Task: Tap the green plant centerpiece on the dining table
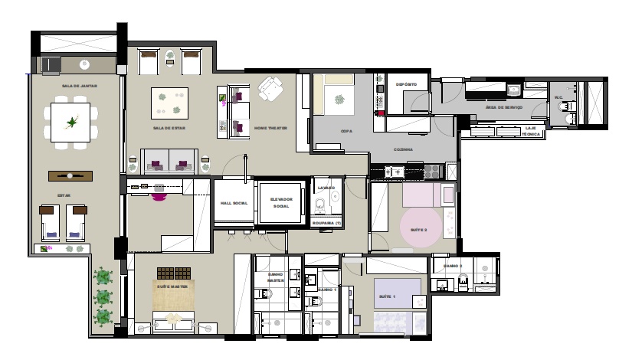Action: tap(73, 122)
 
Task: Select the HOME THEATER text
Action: tap(271, 128)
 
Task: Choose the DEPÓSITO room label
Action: tap(406, 83)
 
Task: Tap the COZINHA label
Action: tap(404, 149)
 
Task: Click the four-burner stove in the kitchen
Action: tap(434, 169)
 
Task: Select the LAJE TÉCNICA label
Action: tap(532, 131)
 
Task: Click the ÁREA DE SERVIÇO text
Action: tap(504, 107)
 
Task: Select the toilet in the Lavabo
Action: tap(322, 203)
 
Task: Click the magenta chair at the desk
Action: tap(159, 195)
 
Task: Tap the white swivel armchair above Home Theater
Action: tap(270, 90)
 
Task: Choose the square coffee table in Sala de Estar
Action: tap(170, 102)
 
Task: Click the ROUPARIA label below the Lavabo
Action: tap(327, 223)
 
